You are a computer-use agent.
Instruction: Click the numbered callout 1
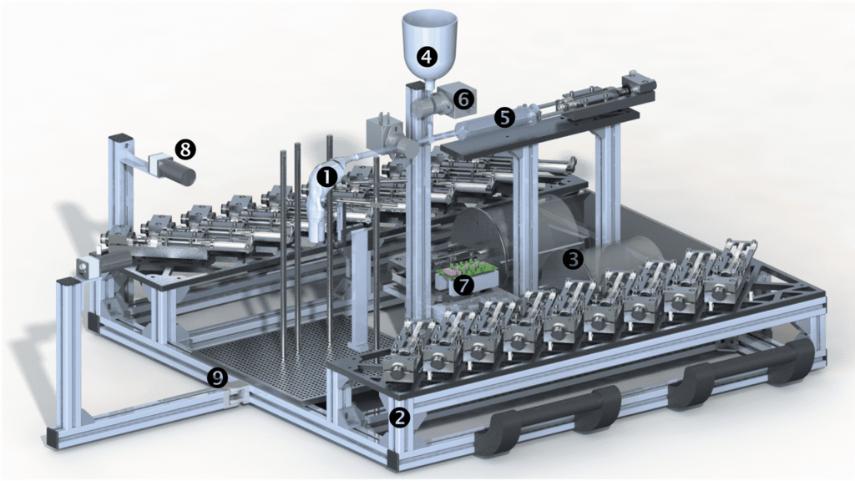(327, 176)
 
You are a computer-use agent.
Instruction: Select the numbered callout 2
(400, 418)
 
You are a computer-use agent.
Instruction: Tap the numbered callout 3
(573, 259)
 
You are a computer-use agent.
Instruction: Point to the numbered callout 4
(427, 56)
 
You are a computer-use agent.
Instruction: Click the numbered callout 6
(463, 100)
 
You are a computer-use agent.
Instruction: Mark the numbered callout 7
(463, 285)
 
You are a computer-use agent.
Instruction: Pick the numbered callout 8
(185, 149)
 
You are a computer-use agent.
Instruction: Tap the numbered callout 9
(218, 377)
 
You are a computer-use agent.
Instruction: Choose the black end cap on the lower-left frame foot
(53, 438)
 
